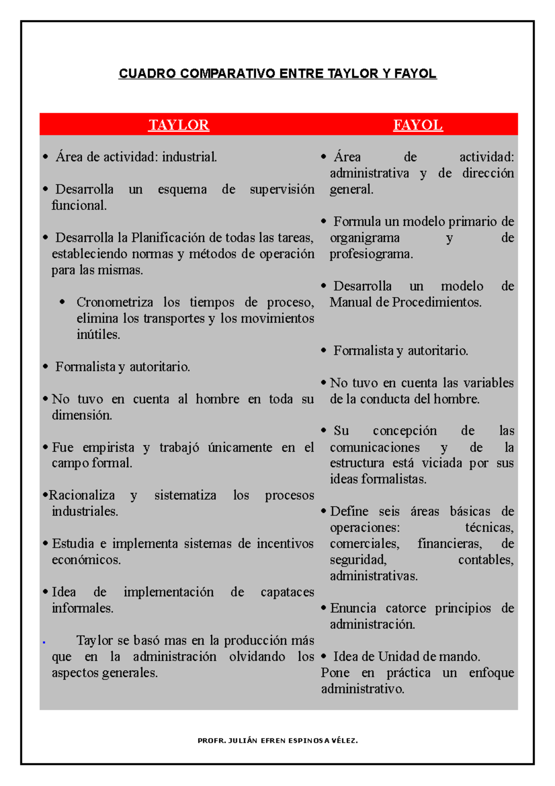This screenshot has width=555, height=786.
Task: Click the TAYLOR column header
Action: pyautogui.click(x=179, y=125)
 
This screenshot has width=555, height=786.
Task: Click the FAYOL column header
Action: pyautogui.click(x=418, y=125)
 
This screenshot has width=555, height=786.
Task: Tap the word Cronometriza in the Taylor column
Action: pyautogui.click(x=115, y=302)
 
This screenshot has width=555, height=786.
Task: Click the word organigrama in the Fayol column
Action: pyautogui.click(x=364, y=238)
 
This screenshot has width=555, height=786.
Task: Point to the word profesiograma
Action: pyautogui.click(x=371, y=254)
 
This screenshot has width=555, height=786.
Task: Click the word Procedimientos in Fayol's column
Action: pyautogui.click(x=437, y=302)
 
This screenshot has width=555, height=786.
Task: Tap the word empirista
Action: pyautogui.click(x=108, y=448)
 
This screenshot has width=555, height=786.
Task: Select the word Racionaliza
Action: pyautogui.click(x=82, y=495)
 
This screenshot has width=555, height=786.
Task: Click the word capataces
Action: pyautogui.click(x=287, y=592)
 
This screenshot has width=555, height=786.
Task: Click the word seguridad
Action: pyautogui.click(x=358, y=560)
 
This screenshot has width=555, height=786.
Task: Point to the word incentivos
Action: pyautogui.click(x=285, y=543)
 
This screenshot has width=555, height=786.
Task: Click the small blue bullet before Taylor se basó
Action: pyautogui.click(x=43, y=643)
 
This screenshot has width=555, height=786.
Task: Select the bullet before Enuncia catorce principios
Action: pyautogui.click(x=324, y=608)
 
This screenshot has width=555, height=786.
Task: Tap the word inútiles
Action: pyautogui.click(x=98, y=335)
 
